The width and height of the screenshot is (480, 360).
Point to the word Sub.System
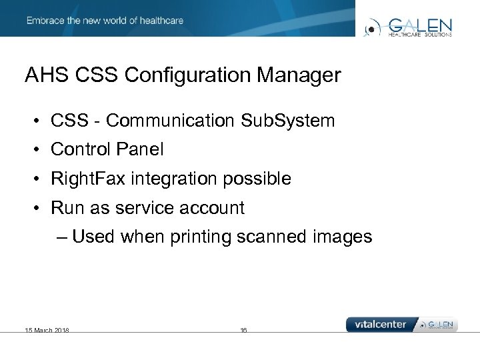point(287,121)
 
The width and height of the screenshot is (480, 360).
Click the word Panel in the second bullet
point(141,149)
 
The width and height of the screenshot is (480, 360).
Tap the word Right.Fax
point(82,179)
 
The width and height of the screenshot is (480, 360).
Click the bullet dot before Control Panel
point(37,150)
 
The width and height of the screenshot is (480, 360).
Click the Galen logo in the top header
point(409,27)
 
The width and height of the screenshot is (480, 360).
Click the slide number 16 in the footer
point(243,330)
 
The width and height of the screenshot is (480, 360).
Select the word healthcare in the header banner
point(161,21)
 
